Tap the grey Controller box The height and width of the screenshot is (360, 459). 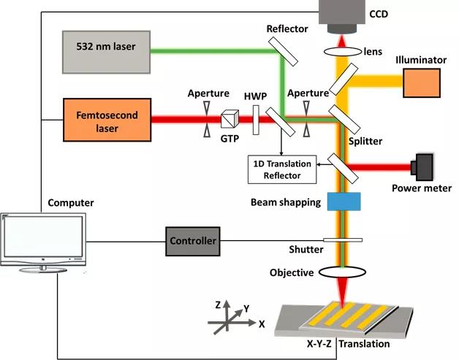point(192,241)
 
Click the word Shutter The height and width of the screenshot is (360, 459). point(305,250)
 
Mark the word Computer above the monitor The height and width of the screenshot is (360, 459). point(70,202)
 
